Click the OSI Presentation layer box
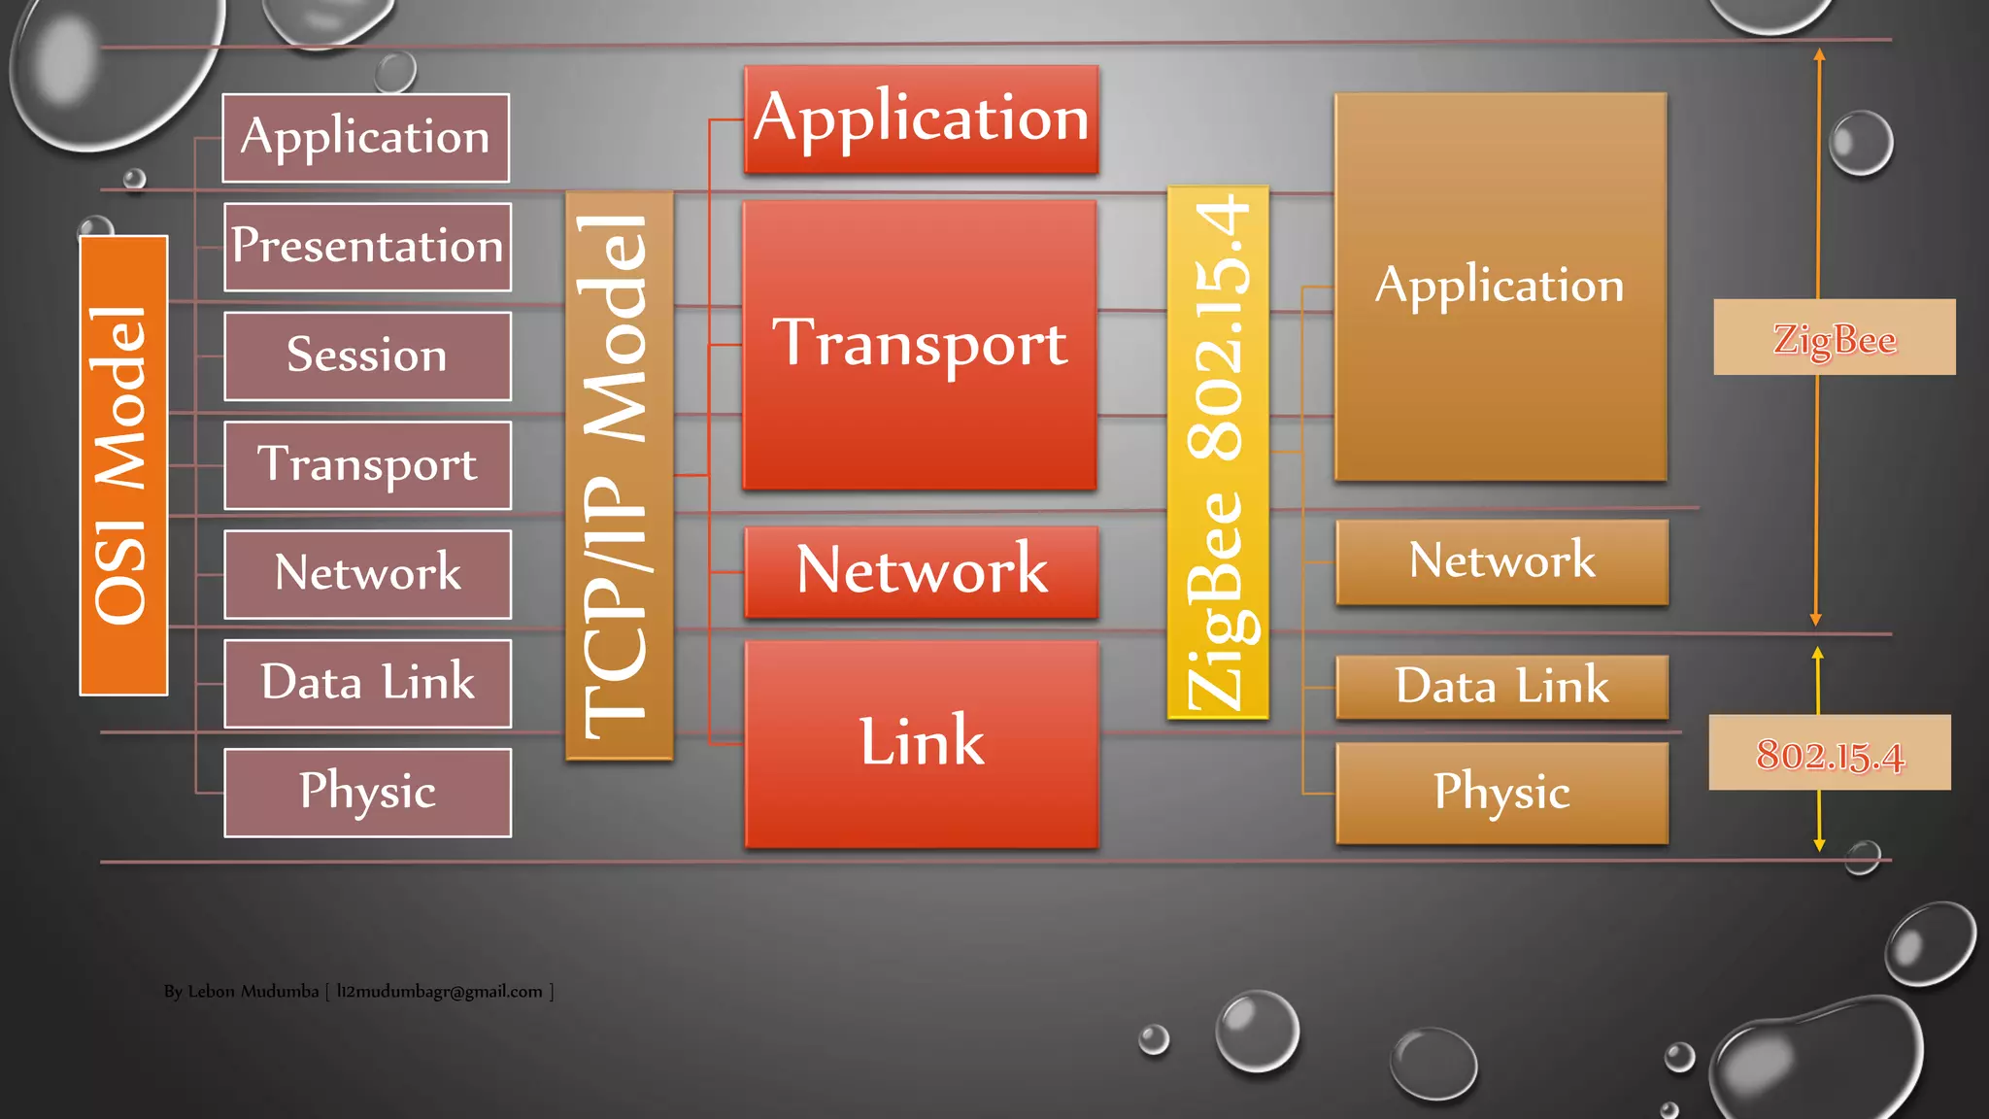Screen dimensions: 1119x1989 (367, 247)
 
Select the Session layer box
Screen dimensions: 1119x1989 (367, 356)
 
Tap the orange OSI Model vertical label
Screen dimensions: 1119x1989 (123, 465)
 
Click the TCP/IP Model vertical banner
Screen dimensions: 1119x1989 (619, 475)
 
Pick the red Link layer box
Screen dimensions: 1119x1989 (921, 743)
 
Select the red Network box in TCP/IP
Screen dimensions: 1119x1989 (921, 571)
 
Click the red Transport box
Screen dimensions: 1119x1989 (919, 344)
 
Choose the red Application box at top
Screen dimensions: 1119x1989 (921, 119)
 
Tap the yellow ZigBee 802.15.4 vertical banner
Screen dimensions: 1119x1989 (1217, 453)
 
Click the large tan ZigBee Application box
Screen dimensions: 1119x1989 (1500, 287)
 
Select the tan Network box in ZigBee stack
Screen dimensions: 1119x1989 (1501, 561)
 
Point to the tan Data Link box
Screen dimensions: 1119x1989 (1501, 687)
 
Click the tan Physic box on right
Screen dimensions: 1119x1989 (1501, 793)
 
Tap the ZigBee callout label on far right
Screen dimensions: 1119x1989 (1834, 337)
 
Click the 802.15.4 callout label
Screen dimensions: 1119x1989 (1830, 753)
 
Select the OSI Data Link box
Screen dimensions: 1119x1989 (367, 683)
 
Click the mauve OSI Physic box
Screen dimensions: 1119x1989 (367, 792)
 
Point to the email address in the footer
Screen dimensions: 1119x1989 (439, 992)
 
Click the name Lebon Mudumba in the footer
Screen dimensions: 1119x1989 (253, 992)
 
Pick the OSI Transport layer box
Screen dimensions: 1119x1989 (367, 464)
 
